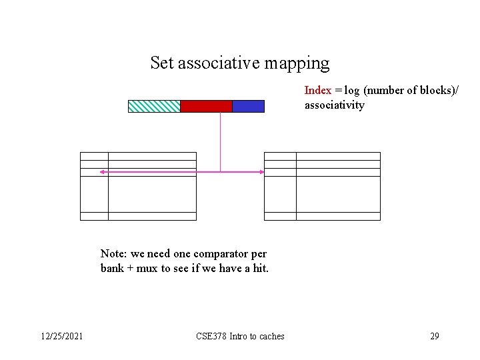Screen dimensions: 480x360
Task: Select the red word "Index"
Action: click(318, 90)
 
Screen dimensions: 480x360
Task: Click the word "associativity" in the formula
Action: click(335, 105)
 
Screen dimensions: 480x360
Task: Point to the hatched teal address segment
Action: click(154, 106)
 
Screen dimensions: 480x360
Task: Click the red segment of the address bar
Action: click(206, 106)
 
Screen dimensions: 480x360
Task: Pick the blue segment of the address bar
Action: click(248, 106)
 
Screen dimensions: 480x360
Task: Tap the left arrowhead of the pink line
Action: click(102, 172)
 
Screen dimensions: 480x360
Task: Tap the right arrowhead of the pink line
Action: click(261, 172)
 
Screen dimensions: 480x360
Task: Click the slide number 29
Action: click(435, 336)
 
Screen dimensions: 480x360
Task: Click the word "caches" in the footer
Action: click(271, 336)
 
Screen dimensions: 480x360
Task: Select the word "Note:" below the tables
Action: click(114, 253)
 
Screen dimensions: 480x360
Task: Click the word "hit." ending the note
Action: click(259, 269)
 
